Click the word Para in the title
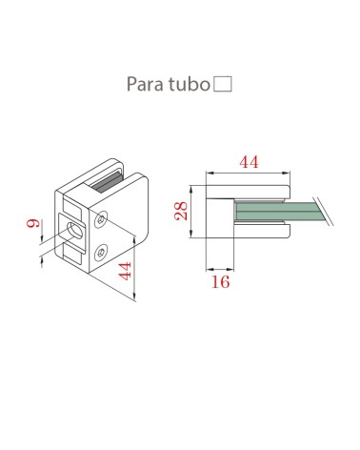click(144, 84)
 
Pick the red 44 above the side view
click(249, 162)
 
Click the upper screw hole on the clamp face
click(102, 220)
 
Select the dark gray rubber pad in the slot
click(101, 180)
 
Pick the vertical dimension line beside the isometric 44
click(138, 267)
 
